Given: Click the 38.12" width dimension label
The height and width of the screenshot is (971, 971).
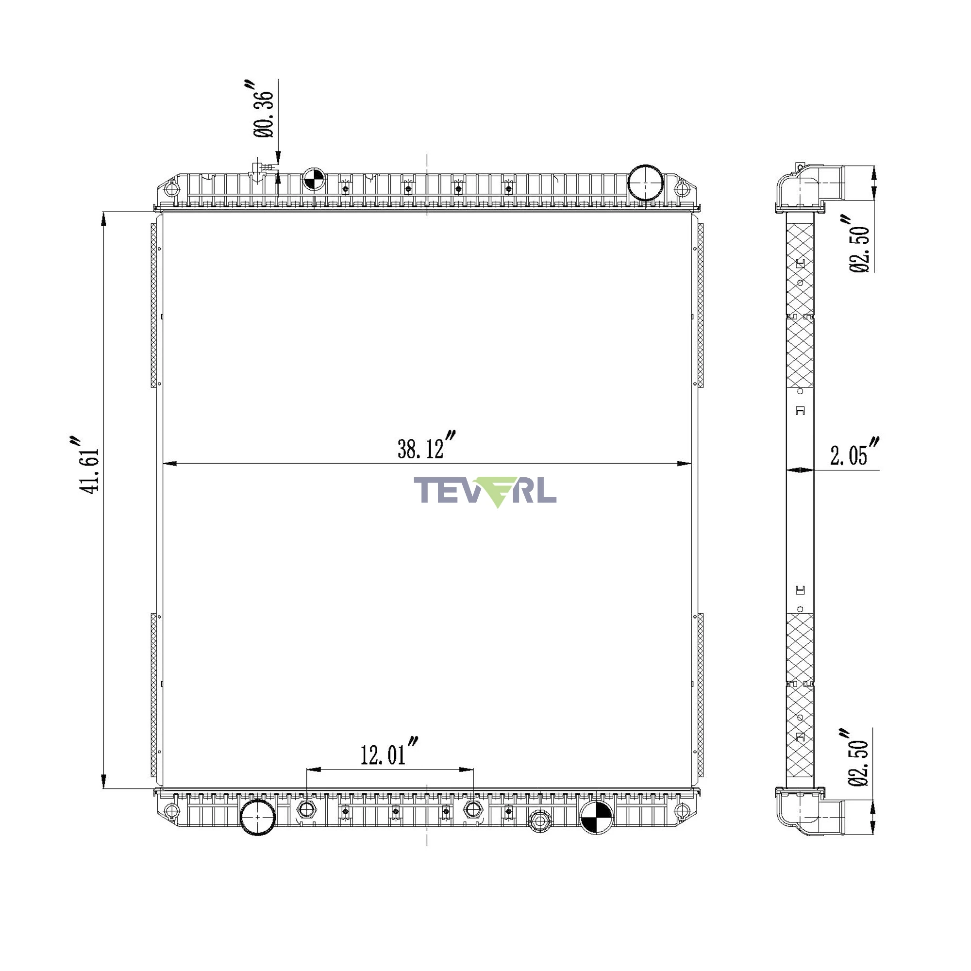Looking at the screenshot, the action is coord(426,445).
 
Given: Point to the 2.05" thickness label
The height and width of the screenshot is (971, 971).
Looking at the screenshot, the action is coord(854,452).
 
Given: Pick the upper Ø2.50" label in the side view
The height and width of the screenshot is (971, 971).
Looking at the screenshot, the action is coord(859,244).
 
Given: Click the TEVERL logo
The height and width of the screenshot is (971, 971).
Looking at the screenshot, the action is coord(485,491).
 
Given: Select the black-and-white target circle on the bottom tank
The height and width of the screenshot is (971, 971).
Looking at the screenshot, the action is coord(597,817).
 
